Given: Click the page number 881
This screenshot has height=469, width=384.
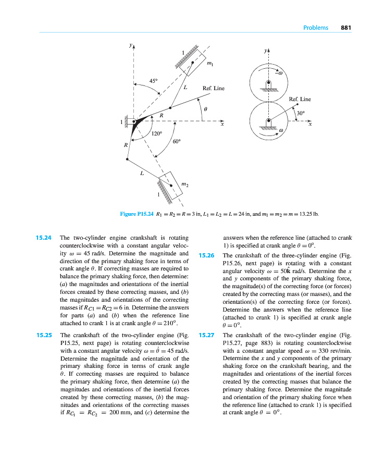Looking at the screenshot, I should click(347, 28).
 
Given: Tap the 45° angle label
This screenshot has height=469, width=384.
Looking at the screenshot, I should click(154, 81).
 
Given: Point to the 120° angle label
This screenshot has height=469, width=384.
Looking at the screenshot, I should click(157, 133).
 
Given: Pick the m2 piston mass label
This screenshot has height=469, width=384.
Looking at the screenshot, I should click(184, 184).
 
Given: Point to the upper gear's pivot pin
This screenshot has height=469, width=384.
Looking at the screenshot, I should click(268, 83).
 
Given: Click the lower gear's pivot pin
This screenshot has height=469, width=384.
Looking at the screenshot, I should click(268, 121).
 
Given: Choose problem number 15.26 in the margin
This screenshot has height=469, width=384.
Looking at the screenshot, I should click(207, 255).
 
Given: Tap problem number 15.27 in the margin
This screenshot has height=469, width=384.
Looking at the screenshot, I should click(207, 336).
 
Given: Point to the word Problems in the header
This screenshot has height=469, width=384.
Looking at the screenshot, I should click(316, 28).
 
